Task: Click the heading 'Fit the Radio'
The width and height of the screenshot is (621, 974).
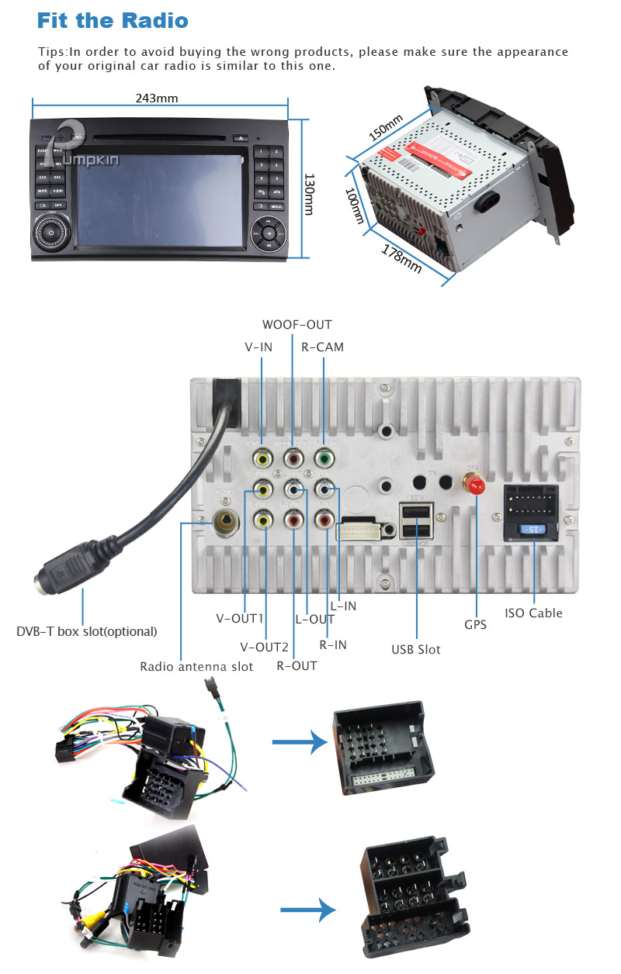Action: pyautogui.click(x=113, y=20)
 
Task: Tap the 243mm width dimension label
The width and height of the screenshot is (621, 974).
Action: pyautogui.click(x=157, y=98)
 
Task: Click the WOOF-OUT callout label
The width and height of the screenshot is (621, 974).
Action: pyautogui.click(x=297, y=325)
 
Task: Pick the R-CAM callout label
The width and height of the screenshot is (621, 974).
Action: pyautogui.click(x=322, y=347)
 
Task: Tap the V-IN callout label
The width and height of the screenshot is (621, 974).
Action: pyautogui.click(x=258, y=347)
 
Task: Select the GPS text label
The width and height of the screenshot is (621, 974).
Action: pyautogui.click(x=476, y=624)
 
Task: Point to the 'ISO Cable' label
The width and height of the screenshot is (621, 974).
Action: pyautogui.click(x=533, y=613)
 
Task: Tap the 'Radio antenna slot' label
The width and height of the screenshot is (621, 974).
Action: pyautogui.click(x=196, y=666)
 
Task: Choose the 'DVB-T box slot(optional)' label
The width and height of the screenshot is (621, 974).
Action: pyautogui.click(x=87, y=631)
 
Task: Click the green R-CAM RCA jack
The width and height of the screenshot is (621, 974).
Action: pyautogui.click(x=323, y=458)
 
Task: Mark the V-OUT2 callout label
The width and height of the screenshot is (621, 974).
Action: pyautogui.click(x=264, y=647)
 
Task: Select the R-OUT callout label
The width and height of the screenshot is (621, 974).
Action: pyautogui.click(x=297, y=665)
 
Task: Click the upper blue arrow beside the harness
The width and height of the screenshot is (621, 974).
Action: pyautogui.click(x=299, y=743)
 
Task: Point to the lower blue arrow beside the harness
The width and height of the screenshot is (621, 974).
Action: pyautogui.click(x=307, y=910)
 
